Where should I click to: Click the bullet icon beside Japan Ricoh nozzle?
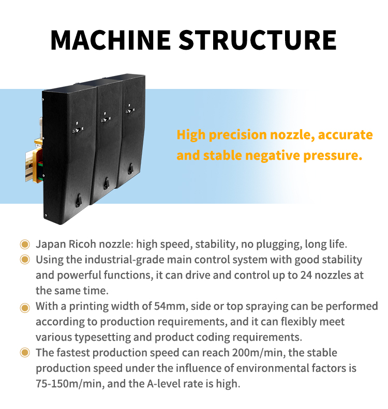click(x=24, y=244)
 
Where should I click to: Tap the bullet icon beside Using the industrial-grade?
click(x=24, y=260)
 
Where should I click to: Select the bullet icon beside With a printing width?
click(x=24, y=307)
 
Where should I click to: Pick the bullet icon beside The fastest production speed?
click(x=24, y=354)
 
